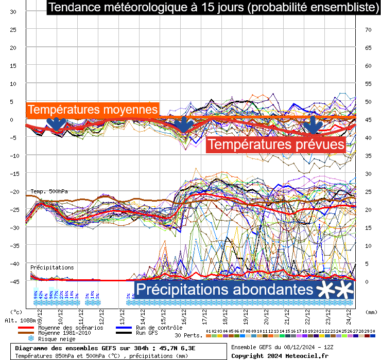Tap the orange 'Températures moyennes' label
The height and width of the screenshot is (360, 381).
[93, 110]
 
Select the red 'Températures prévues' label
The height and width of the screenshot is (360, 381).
[276, 145]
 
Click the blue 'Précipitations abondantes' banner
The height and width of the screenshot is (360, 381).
[224, 290]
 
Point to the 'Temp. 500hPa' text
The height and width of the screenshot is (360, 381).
[49, 191]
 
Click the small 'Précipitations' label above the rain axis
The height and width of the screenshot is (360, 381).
[52, 267]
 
